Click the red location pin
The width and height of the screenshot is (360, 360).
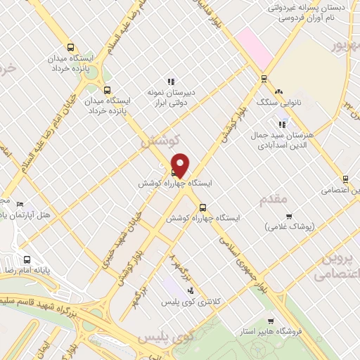pos(180,165)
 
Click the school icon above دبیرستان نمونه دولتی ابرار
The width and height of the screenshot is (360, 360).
pos(169,82)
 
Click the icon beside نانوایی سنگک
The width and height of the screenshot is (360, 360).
pos(278,91)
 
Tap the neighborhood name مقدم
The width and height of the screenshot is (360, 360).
pos(274,199)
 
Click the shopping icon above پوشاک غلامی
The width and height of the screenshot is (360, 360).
pos(289,215)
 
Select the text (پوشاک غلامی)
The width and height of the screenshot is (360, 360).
pos(291,227)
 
